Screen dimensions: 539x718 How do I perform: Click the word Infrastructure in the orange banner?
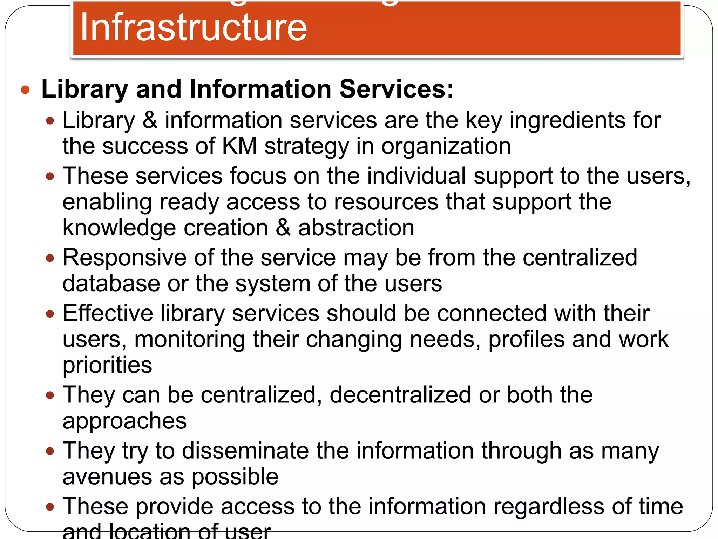coord(194,27)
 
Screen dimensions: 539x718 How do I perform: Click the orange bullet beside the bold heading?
coord(25,90)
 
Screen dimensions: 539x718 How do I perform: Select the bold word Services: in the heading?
coord(397,89)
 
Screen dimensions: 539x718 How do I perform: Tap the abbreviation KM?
coord(239,146)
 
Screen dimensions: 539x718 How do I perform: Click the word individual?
coord(416,176)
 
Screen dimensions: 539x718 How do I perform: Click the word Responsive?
coord(124,258)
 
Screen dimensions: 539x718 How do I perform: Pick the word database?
coord(111,284)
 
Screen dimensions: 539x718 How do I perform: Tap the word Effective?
coord(108,313)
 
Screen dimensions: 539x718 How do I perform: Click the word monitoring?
coord(189,339)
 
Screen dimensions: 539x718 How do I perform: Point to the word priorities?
coord(107,365)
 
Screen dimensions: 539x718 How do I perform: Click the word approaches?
coord(124,421)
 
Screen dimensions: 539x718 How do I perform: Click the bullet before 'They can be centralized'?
coord(50,396)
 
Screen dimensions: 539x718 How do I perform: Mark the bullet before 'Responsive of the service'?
coord(50,259)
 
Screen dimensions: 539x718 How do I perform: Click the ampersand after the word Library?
coord(150,120)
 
